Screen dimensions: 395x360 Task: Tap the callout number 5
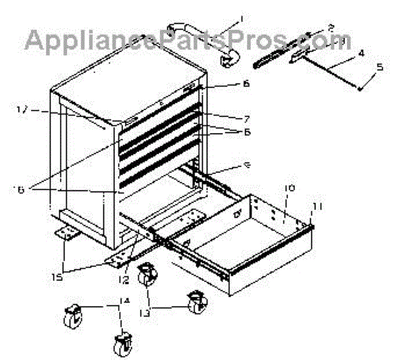(379, 67)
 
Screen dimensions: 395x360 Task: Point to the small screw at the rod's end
(359, 88)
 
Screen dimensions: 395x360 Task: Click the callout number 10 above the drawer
(287, 188)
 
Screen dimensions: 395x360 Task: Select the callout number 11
(318, 206)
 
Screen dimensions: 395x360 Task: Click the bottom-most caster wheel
(122, 344)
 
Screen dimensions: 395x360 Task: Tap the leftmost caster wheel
(71, 319)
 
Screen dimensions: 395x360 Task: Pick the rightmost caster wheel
(196, 302)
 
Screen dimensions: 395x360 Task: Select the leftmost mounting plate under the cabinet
(66, 232)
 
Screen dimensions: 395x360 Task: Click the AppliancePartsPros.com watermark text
(178, 41)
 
